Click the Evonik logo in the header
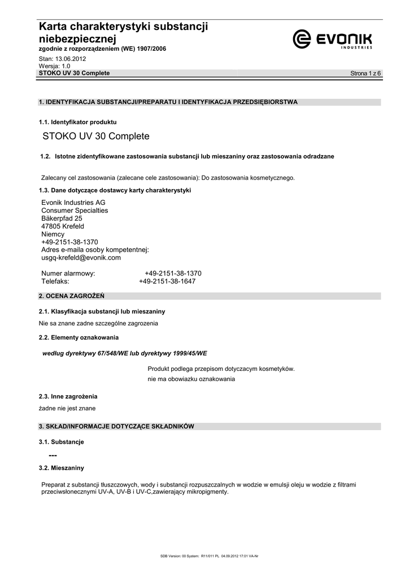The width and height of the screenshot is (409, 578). click(x=332, y=40)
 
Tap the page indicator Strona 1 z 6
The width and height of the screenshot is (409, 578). click(x=366, y=74)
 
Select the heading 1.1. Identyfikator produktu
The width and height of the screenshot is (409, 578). click(x=77, y=122)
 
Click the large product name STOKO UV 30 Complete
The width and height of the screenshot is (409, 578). click(x=96, y=137)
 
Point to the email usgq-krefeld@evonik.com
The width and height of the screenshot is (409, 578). click(x=81, y=257)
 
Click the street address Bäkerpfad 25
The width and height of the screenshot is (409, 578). click(x=62, y=218)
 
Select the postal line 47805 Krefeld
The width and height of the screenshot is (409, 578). click(x=63, y=226)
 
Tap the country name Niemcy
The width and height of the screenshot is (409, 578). click(x=53, y=234)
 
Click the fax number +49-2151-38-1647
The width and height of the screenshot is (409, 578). click(x=167, y=281)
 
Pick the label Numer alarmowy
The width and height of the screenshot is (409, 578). click(x=68, y=273)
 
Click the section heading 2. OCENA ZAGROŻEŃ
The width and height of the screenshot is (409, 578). click(x=71, y=296)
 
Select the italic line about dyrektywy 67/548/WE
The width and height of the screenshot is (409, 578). click(x=125, y=353)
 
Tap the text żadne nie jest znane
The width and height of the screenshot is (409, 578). click(x=67, y=408)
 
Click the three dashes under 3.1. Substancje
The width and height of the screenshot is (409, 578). click(x=53, y=455)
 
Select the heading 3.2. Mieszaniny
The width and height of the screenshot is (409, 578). click(x=61, y=468)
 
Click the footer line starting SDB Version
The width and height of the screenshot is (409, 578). click(x=209, y=556)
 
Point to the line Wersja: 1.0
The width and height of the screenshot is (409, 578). click(x=54, y=66)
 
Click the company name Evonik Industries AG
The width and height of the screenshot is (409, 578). click(x=73, y=203)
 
